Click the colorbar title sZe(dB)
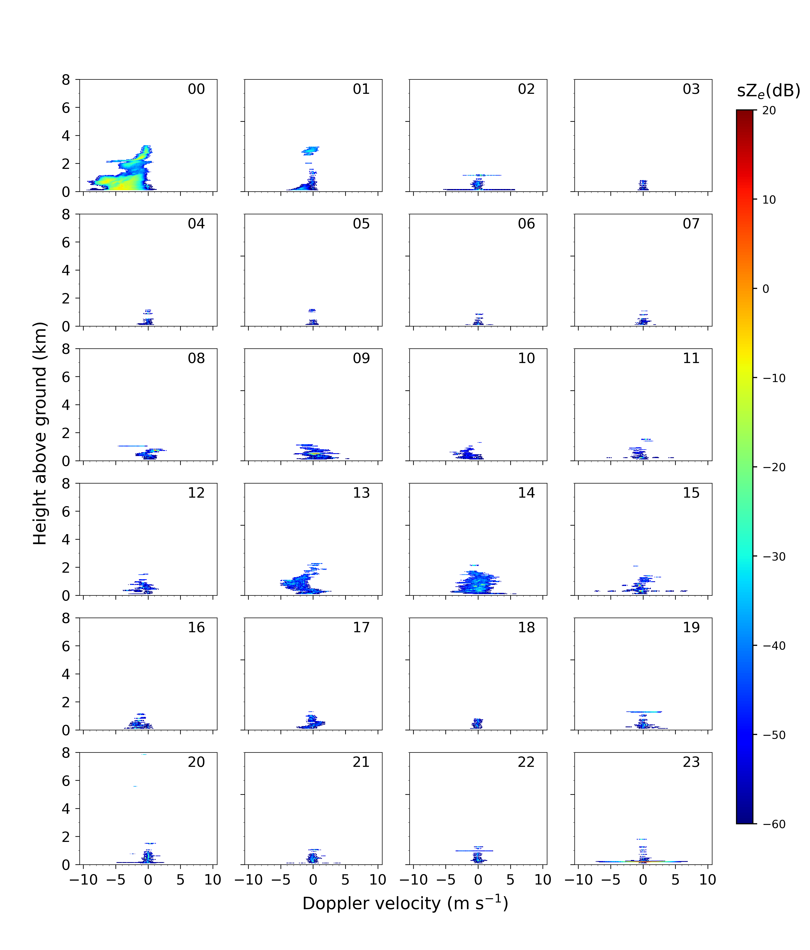(768, 91)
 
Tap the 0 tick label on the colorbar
(766, 289)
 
